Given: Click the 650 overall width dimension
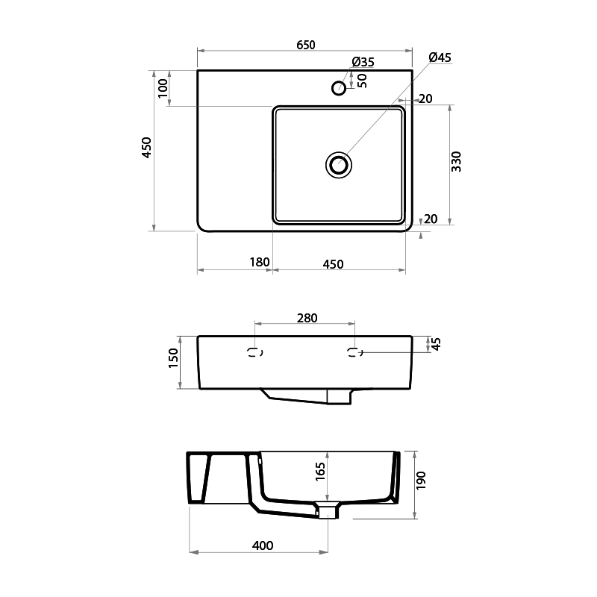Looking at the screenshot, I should click(306, 45).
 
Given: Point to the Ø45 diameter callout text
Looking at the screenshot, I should click(440, 57).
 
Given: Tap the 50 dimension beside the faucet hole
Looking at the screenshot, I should click(363, 81).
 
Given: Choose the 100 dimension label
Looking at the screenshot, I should click(163, 88).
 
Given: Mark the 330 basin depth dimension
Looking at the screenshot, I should click(457, 162).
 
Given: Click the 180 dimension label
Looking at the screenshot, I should click(259, 263).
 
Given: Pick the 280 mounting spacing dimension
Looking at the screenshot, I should click(307, 317).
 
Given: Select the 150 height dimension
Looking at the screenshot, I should click(173, 358).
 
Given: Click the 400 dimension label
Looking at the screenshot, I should click(263, 546).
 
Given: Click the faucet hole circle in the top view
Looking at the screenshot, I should click(339, 88).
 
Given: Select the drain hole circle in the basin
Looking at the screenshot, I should click(338, 164).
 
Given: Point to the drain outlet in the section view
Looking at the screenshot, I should click(328, 510).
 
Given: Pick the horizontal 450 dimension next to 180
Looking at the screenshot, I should click(333, 263).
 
